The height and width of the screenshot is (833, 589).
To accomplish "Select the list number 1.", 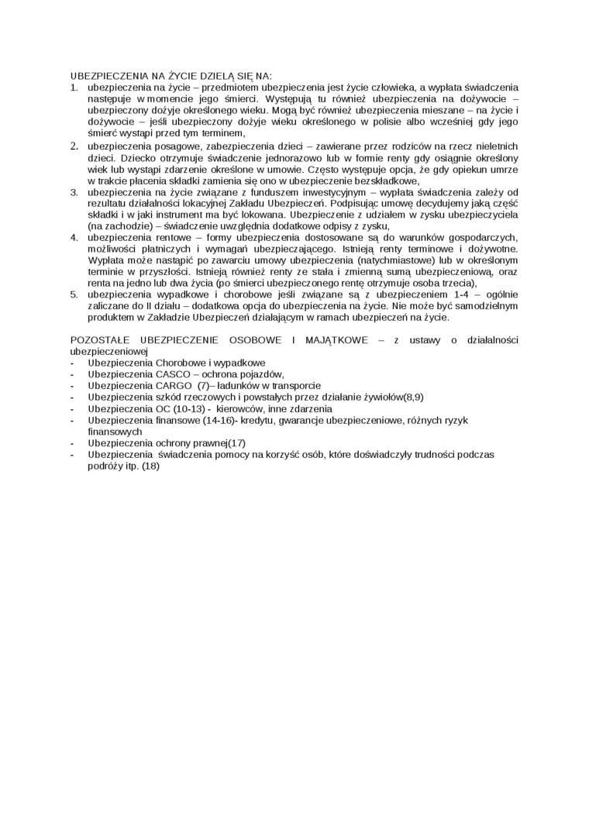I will pyautogui.click(x=74, y=88).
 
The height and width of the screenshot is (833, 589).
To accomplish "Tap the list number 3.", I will pyautogui.click(x=74, y=191).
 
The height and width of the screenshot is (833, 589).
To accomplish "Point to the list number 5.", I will pyautogui.click(x=74, y=295).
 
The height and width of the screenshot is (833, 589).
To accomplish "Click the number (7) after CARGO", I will pyautogui.click(x=204, y=385).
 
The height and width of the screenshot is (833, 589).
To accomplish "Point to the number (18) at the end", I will pyautogui.click(x=150, y=466).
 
